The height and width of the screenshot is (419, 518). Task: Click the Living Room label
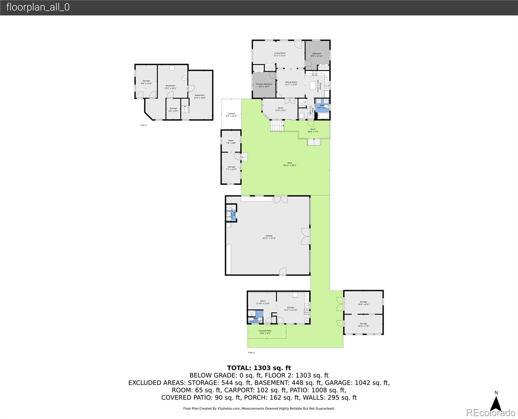280,54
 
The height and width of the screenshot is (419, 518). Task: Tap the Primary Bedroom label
264,85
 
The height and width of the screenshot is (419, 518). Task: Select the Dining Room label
291,83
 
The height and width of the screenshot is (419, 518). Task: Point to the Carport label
231,115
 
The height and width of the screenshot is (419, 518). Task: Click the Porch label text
313,130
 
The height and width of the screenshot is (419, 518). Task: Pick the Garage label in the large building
269,237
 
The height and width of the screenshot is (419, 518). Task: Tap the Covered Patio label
265,332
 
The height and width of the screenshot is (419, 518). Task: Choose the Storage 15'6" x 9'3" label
363,303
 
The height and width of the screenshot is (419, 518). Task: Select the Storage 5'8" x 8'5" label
173,109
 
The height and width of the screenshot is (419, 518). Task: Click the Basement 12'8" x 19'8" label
200,96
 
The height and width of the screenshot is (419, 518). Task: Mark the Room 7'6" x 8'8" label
231,142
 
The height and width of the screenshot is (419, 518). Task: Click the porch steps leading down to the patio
314,142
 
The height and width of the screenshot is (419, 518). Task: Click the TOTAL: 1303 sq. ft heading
259,368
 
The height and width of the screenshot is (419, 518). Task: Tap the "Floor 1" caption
143,125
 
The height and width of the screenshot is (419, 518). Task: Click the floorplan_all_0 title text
38,7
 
